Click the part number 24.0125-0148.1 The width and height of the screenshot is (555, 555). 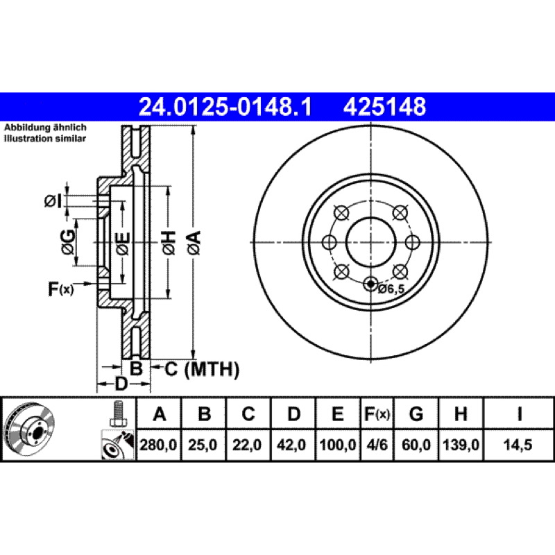[225, 107]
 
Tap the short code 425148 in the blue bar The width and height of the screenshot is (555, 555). [384, 107]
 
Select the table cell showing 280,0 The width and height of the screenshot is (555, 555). [158, 445]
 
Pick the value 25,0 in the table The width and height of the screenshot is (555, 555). [203, 445]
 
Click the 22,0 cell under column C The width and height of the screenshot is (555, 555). [247, 445]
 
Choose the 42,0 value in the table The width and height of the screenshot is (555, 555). [291, 445]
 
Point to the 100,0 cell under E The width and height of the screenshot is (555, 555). [338, 445]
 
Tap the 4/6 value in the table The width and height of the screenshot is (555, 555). [377, 445]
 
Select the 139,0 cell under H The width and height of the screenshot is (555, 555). [461, 445]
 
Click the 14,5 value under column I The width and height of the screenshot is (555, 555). [518, 445]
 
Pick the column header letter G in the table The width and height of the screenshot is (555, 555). [416, 413]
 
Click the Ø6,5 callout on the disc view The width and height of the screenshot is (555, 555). [391, 289]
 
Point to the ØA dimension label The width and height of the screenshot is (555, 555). [194, 242]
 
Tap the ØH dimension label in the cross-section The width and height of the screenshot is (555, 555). [169, 242]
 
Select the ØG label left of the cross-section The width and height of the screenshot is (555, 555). [68, 242]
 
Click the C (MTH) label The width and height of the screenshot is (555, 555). [202, 369]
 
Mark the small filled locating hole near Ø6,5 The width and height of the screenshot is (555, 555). [370, 284]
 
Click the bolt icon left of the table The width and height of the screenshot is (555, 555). [117, 414]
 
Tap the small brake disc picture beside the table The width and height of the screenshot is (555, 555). [29, 429]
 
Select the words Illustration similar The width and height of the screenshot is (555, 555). [44, 138]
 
